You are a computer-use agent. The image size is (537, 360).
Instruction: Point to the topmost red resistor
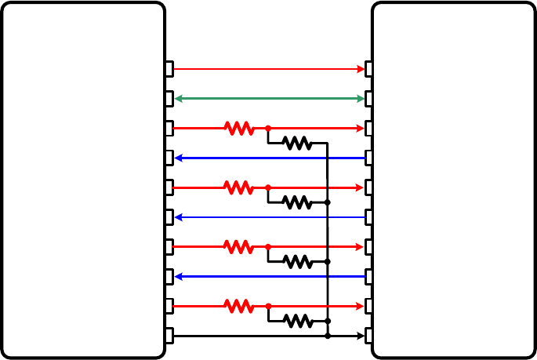click(x=239, y=128)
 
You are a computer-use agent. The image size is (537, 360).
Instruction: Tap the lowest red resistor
click(x=239, y=306)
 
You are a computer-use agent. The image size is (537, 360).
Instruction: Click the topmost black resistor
click(x=297, y=144)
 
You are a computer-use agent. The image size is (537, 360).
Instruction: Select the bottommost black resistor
click(x=297, y=321)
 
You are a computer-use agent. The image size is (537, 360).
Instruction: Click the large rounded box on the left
click(x=83, y=180)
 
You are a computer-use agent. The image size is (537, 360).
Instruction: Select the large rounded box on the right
click(x=453, y=180)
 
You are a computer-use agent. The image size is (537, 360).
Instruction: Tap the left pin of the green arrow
click(x=169, y=99)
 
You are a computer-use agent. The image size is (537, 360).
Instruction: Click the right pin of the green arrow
click(x=368, y=99)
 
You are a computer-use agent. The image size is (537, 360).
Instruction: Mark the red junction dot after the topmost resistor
click(x=268, y=128)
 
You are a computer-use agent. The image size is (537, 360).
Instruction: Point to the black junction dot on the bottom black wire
click(x=328, y=336)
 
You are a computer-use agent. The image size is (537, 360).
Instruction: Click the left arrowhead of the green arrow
click(x=179, y=99)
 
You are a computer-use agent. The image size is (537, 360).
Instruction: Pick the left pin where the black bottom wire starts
click(x=169, y=336)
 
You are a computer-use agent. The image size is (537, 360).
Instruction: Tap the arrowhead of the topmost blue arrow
click(x=179, y=158)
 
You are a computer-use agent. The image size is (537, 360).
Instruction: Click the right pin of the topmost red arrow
click(x=368, y=69)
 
